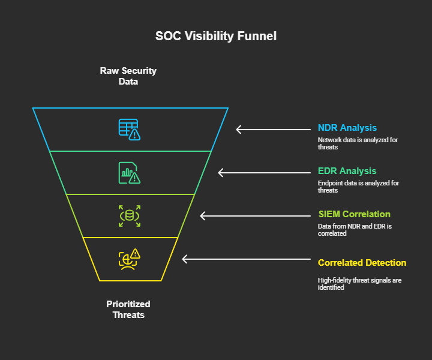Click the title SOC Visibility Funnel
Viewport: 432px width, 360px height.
[x=216, y=36]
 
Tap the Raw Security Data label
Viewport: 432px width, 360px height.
[x=128, y=76]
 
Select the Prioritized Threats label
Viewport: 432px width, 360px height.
[x=128, y=309]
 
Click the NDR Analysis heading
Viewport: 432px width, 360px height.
[x=347, y=128]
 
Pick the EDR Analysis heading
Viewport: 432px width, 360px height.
[x=347, y=171]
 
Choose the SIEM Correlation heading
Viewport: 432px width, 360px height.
[x=354, y=214]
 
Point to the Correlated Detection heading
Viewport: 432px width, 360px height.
[x=362, y=263]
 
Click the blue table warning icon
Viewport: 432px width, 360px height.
[x=129, y=130]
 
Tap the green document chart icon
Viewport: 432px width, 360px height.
[x=129, y=173]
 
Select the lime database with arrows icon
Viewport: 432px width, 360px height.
[x=129, y=216]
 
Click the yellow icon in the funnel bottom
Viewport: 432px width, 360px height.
[x=129, y=259]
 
